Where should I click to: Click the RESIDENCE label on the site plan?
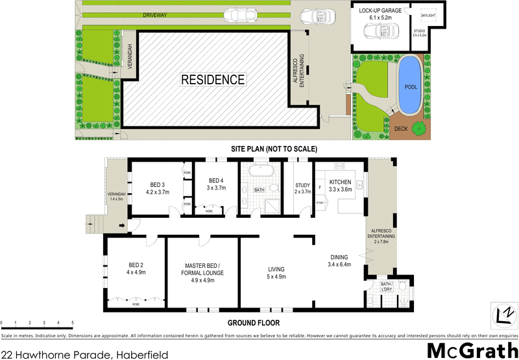[213, 80]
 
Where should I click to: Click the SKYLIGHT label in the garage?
[429, 14]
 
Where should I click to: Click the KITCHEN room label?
[340, 186]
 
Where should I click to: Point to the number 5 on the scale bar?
[73, 322]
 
